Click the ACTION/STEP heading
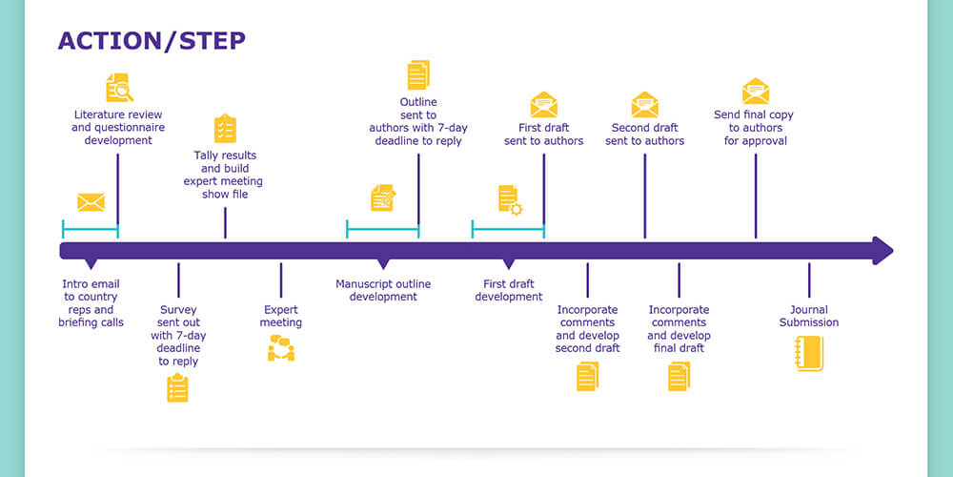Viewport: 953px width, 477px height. [152, 40]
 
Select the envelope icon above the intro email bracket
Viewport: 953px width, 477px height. [91, 202]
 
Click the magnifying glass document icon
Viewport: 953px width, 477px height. [119, 88]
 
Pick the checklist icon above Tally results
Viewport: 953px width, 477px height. [225, 129]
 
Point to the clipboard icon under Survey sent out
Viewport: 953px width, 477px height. [177, 387]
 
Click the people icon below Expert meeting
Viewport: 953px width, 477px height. [281, 349]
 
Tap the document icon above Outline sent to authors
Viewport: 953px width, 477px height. [418, 75]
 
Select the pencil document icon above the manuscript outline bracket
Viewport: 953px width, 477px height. [383, 197]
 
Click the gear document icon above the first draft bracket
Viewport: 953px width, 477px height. [509, 199]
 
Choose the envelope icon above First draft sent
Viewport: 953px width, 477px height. [544, 104]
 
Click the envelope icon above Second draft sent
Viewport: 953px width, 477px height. [644, 104]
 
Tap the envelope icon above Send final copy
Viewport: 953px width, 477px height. [756, 92]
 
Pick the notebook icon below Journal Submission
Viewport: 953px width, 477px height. [808, 353]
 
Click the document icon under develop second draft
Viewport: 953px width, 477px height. [587, 376]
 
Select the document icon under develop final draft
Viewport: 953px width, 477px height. [679, 376]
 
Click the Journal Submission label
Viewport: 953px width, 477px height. [809, 316]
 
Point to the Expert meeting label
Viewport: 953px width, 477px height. [281, 316]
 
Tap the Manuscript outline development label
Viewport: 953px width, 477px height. [383, 290]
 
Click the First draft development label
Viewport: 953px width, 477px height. [509, 290]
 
